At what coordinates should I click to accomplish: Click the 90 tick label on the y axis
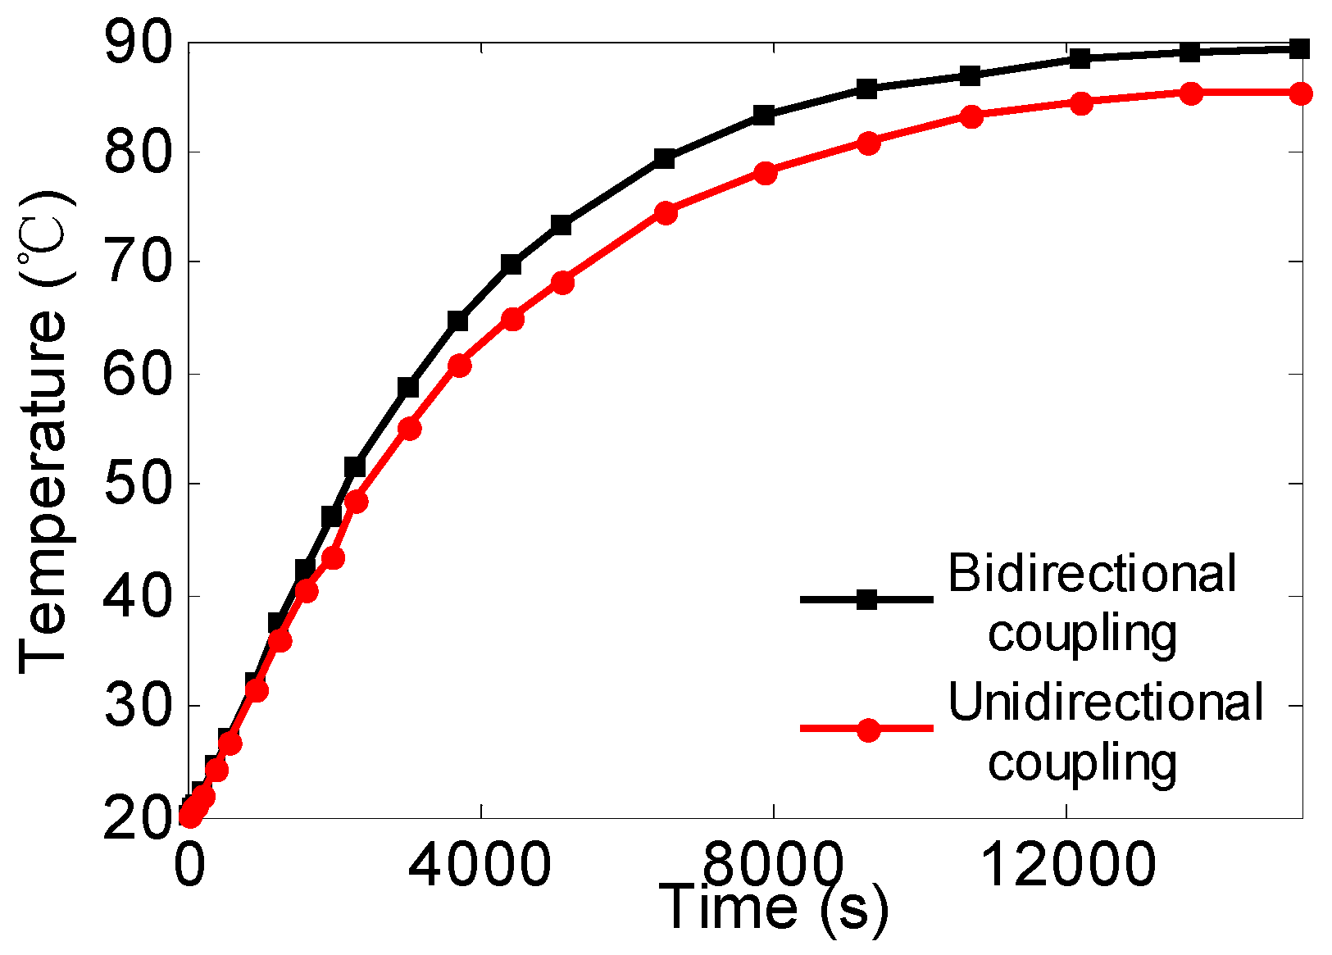click(x=138, y=43)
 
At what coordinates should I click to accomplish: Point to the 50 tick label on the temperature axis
click(x=138, y=484)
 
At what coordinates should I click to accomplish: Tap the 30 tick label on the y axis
click(x=138, y=706)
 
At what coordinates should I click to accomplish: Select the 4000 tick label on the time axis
click(x=480, y=865)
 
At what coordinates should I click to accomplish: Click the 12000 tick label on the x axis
click(x=1067, y=865)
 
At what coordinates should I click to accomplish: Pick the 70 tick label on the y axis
click(x=138, y=262)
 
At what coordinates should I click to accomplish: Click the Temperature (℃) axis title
click(x=45, y=430)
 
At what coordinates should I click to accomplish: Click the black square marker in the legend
click(x=866, y=600)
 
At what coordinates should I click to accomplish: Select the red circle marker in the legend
click(x=868, y=729)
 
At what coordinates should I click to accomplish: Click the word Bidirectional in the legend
click(x=1092, y=573)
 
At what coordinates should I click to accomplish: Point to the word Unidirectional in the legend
click(x=1106, y=703)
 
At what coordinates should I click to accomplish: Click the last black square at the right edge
click(x=1298, y=49)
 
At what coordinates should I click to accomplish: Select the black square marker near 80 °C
click(x=664, y=159)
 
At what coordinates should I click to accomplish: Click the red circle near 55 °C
click(x=410, y=428)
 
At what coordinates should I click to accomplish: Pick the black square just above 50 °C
click(x=354, y=467)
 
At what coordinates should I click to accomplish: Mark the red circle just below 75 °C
click(x=666, y=213)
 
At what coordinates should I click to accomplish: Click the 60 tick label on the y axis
click(x=138, y=374)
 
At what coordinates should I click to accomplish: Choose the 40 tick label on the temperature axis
click(x=138, y=596)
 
